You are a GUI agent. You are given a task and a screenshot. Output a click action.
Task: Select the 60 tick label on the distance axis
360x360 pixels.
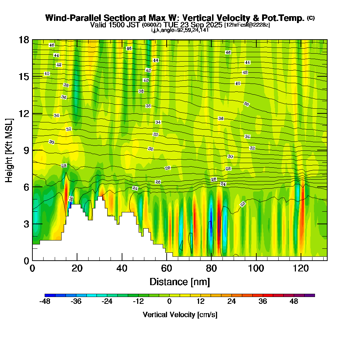tap(166, 268)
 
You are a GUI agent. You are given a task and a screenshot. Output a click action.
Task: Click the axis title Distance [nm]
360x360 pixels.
tap(180, 282)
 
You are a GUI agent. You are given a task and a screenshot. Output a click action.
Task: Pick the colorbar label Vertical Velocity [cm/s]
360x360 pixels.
tap(180, 315)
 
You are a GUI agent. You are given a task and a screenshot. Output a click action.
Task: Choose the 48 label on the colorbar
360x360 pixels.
tap(294, 302)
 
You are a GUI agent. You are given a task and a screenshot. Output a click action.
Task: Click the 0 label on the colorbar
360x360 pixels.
tap(169, 302)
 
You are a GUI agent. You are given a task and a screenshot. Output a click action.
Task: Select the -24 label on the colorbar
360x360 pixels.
tap(107, 302)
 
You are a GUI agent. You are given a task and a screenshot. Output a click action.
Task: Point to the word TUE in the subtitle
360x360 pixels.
tap(168, 25)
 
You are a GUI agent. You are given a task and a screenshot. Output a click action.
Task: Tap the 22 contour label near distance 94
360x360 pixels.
tap(243, 204)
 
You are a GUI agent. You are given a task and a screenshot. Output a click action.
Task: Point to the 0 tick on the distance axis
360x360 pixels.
tap(32, 260)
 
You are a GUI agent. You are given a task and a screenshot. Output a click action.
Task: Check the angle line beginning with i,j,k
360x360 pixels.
tap(180, 30)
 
